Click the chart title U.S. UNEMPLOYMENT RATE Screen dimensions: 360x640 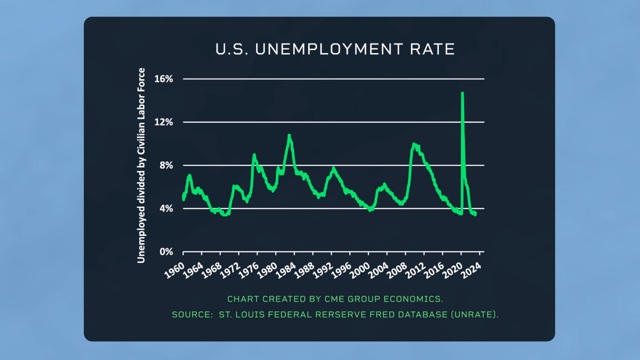coord(335,49)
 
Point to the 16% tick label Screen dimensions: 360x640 coord(164,79)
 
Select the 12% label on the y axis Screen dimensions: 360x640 coord(164,122)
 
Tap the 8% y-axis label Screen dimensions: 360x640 coord(166,165)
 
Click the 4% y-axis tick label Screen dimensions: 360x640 coord(166,209)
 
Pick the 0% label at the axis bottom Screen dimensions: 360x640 coord(166,252)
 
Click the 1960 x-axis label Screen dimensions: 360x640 coord(175,270)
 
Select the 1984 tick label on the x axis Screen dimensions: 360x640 coord(286,270)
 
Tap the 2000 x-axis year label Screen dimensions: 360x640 coord(360,270)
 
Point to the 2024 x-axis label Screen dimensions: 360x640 coord(471,270)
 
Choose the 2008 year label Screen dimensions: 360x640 coord(397,270)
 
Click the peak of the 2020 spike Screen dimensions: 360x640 coord(462,93)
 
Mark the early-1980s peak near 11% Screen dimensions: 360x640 coord(289,135)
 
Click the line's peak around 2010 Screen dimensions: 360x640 coord(414,144)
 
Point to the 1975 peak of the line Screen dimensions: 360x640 coord(254,155)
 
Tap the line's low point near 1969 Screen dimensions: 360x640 coord(225,215)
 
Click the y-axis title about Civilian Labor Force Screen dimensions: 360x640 coord(141,165)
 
